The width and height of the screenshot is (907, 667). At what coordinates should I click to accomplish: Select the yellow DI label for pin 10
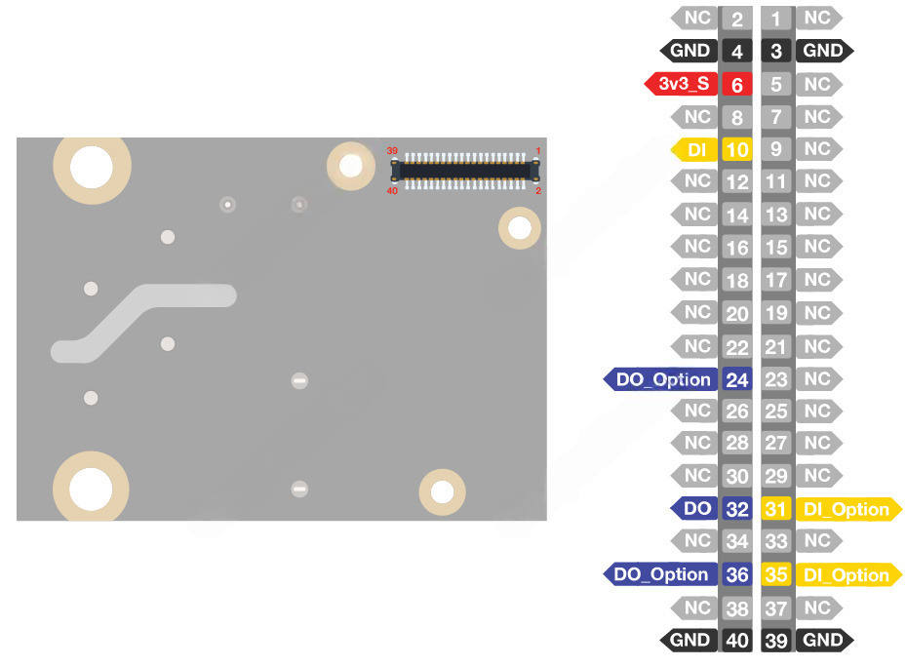click(695, 149)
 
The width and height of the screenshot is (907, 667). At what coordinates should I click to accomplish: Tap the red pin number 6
click(737, 85)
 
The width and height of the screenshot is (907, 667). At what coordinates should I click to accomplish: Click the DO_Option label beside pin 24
click(662, 379)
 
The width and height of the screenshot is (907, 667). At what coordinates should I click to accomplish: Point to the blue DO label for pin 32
click(695, 508)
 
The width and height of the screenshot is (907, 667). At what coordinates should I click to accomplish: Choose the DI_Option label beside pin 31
click(845, 509)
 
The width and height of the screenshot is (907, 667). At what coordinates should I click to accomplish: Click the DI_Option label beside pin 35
click(845, 575)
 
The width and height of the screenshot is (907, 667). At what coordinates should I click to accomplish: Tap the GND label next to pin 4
click(690, 51)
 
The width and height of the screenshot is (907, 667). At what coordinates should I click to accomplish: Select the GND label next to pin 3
click(823, 51)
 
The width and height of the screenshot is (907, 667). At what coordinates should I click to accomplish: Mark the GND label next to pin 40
click(690, 640)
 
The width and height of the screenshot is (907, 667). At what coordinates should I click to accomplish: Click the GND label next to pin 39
click(823, 640)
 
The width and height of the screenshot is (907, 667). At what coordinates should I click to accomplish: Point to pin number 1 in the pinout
click(776, 19)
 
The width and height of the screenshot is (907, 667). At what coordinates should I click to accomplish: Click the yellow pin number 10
click(737, 150)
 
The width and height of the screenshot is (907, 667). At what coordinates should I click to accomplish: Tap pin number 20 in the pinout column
click(737, 313)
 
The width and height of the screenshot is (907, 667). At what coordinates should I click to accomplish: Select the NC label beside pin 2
click(696, 18)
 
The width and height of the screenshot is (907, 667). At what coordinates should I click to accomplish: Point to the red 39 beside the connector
click(392, 151)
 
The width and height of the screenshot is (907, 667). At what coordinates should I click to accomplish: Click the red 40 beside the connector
click(392, 190)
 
